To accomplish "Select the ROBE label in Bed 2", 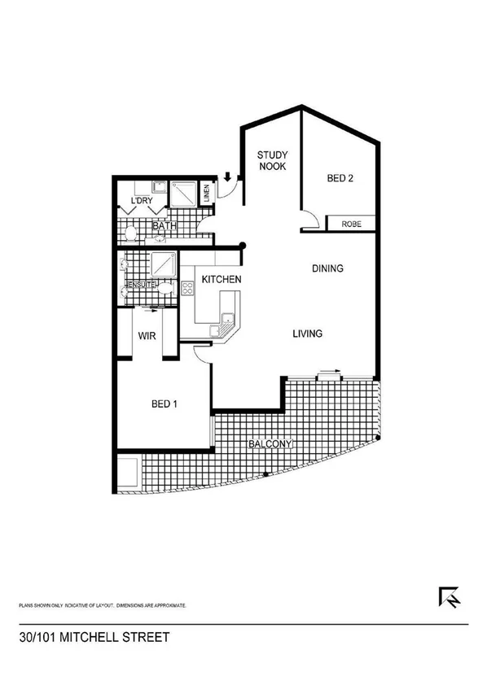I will [352, 224].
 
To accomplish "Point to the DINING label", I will [328, 268].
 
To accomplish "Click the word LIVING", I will [308, 334].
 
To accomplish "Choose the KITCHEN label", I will [221, 280].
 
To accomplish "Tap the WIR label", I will [147, 334].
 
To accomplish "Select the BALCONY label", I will [270, 444].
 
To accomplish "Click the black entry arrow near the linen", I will [229, 176].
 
